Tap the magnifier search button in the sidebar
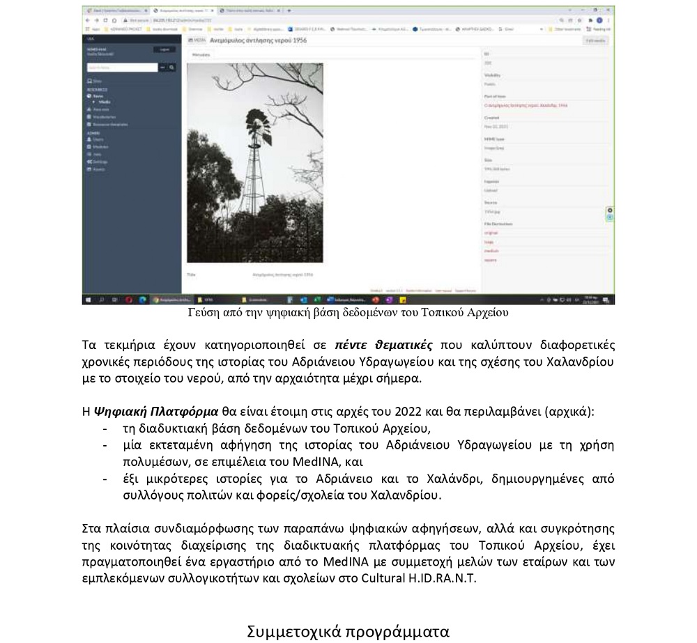tap(171, 68)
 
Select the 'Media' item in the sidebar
tap(105, 102)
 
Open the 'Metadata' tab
tap(201, 54)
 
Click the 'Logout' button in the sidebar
tap(164, 49)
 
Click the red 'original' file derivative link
tap(491, 233)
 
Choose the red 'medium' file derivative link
tap(491, 251)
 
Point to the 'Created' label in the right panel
tap(492, 118)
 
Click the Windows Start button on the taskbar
tap(87, 300)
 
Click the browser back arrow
tap(87, 20)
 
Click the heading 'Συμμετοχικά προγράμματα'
tap(348, 632)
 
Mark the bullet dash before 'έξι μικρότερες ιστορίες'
tap(105, 479)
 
